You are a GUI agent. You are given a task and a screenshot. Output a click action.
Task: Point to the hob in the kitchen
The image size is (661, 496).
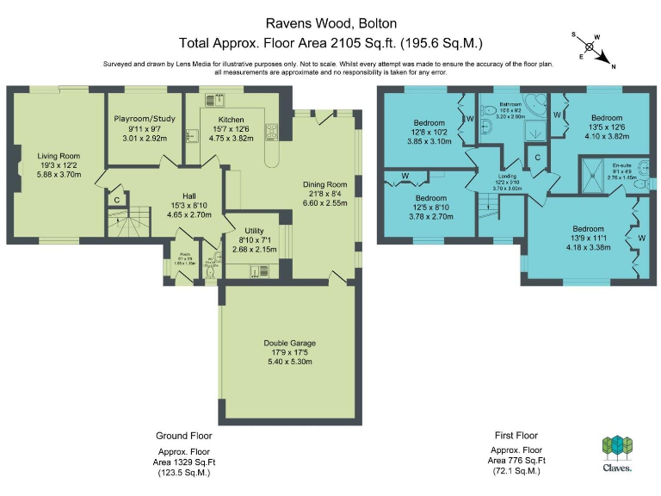[273, 131]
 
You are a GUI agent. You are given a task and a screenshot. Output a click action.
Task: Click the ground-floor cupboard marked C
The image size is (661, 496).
[116, 200]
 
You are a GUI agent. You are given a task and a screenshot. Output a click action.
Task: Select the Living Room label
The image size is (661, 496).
[58, 156]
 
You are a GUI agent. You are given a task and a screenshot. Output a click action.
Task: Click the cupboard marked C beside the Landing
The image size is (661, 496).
[537, 158]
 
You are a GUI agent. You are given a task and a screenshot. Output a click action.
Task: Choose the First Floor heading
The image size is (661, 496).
[516, 436]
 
